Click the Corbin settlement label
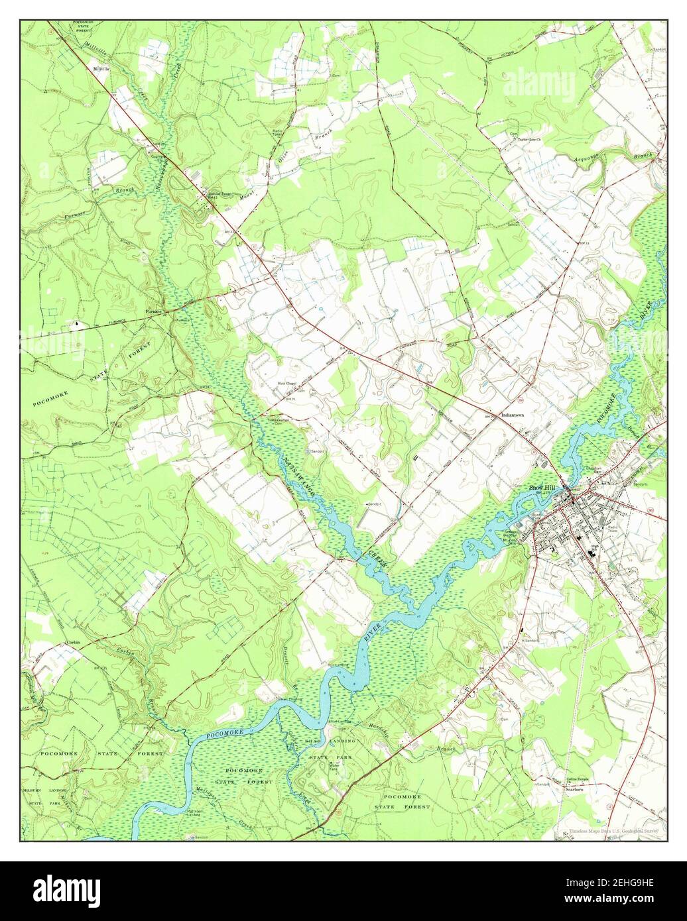click(73, 643)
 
